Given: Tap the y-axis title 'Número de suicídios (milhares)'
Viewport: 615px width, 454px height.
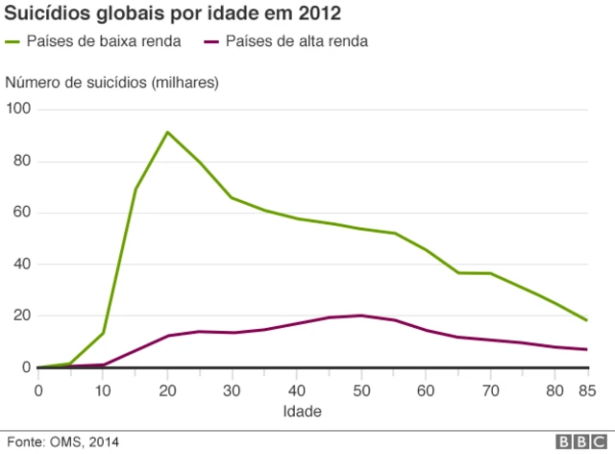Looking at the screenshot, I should (x=112, y=83).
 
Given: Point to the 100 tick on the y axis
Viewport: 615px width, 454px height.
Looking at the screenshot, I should (x=18, y=110).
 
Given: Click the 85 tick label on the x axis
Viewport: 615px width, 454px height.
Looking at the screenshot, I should (x=586, y=390).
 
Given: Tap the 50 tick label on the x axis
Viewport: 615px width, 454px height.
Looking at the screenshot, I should (x=360, y=390).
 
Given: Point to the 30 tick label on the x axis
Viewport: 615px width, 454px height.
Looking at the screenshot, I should (x=232, y=390).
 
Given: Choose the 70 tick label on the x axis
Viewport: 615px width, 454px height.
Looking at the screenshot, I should (x=489, y=390).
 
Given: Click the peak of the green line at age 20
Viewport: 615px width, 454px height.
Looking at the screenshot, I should (x=167, y=133).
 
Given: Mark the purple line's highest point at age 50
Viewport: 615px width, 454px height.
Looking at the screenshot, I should (x=360, y=315).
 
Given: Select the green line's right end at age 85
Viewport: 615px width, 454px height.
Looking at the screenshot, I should (x=586, y=320).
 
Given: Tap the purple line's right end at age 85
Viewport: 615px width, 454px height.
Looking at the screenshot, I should (x=586, y=349).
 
